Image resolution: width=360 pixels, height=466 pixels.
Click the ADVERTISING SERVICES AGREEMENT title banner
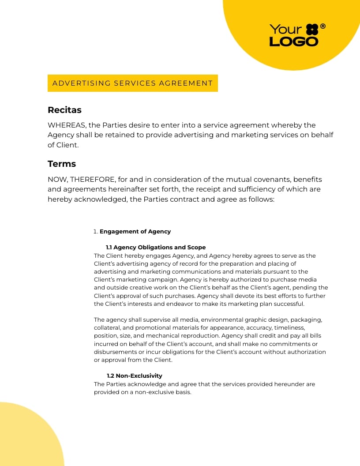tap(132, 83)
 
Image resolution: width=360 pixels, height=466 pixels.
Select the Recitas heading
tap(64, 110)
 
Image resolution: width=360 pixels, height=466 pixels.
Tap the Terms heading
tap(62, 164)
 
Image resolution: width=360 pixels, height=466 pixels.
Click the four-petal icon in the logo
tap(312, 30)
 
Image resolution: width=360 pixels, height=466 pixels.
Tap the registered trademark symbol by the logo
tap(323, 26)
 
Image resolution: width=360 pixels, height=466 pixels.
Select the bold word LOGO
tap(293, 41)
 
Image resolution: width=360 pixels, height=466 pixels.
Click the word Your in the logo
tap(285, 30)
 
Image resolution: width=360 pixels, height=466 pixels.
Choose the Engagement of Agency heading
tap(135, 231)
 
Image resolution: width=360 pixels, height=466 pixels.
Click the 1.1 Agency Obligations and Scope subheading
tap(156, 247)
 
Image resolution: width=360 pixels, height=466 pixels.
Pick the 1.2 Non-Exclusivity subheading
tap(135, 376)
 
